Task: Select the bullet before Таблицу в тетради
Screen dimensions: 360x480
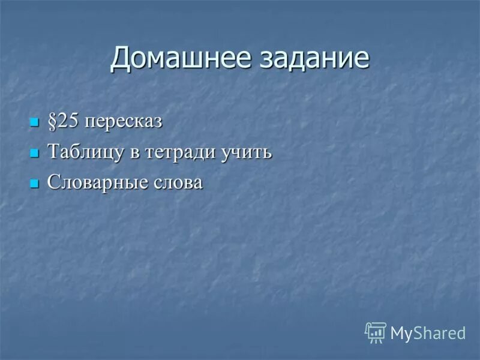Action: coord(34,154)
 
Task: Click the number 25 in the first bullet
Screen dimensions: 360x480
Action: coord(67,121)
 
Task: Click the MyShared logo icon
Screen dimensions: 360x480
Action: coord(376,332)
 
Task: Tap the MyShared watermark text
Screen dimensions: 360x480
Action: coord(428,333)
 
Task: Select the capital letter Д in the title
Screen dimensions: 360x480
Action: coord(121,58)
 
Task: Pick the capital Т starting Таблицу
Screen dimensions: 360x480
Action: coord(53,152)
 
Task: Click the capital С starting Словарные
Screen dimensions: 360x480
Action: coord(53,182)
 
